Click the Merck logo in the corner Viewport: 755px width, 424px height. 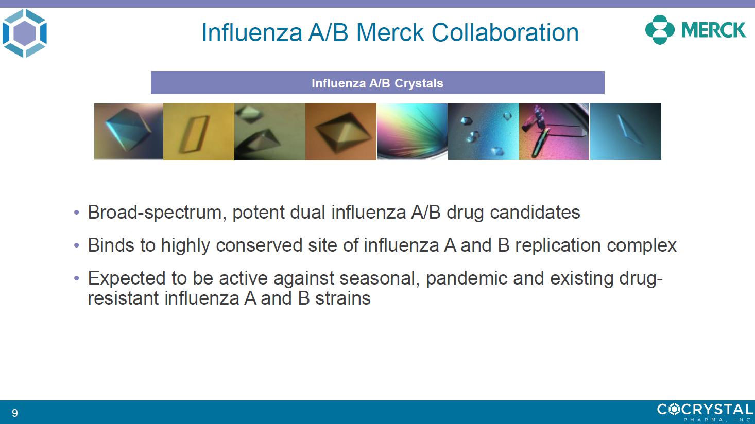[x=695, y=30]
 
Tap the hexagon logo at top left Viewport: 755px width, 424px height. [x=25, y=33]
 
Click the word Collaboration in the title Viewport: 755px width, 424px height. [x=505, y=32]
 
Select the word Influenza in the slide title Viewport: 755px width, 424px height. [x=251, y=32]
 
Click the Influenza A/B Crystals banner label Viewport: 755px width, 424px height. [x=377, y=83]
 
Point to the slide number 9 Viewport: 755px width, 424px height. [x=15, y=413]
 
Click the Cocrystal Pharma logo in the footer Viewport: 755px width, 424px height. [x=705, y=412]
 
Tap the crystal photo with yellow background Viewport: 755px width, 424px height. [x=198, y=131]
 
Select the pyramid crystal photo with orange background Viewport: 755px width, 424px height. [x=341, y=131]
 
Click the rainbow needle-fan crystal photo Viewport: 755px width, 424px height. [x=412, y=131]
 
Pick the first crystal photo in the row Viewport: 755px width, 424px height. [x=129, y=131]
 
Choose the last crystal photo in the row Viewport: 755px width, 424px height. [x=626, y=131]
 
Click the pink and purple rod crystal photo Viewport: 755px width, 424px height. [x=554, y=131]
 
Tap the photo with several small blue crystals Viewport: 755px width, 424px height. [x=484, y=131]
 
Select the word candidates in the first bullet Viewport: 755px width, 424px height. [x=535, y=213]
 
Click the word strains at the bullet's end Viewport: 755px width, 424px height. [x=343, y=298]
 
